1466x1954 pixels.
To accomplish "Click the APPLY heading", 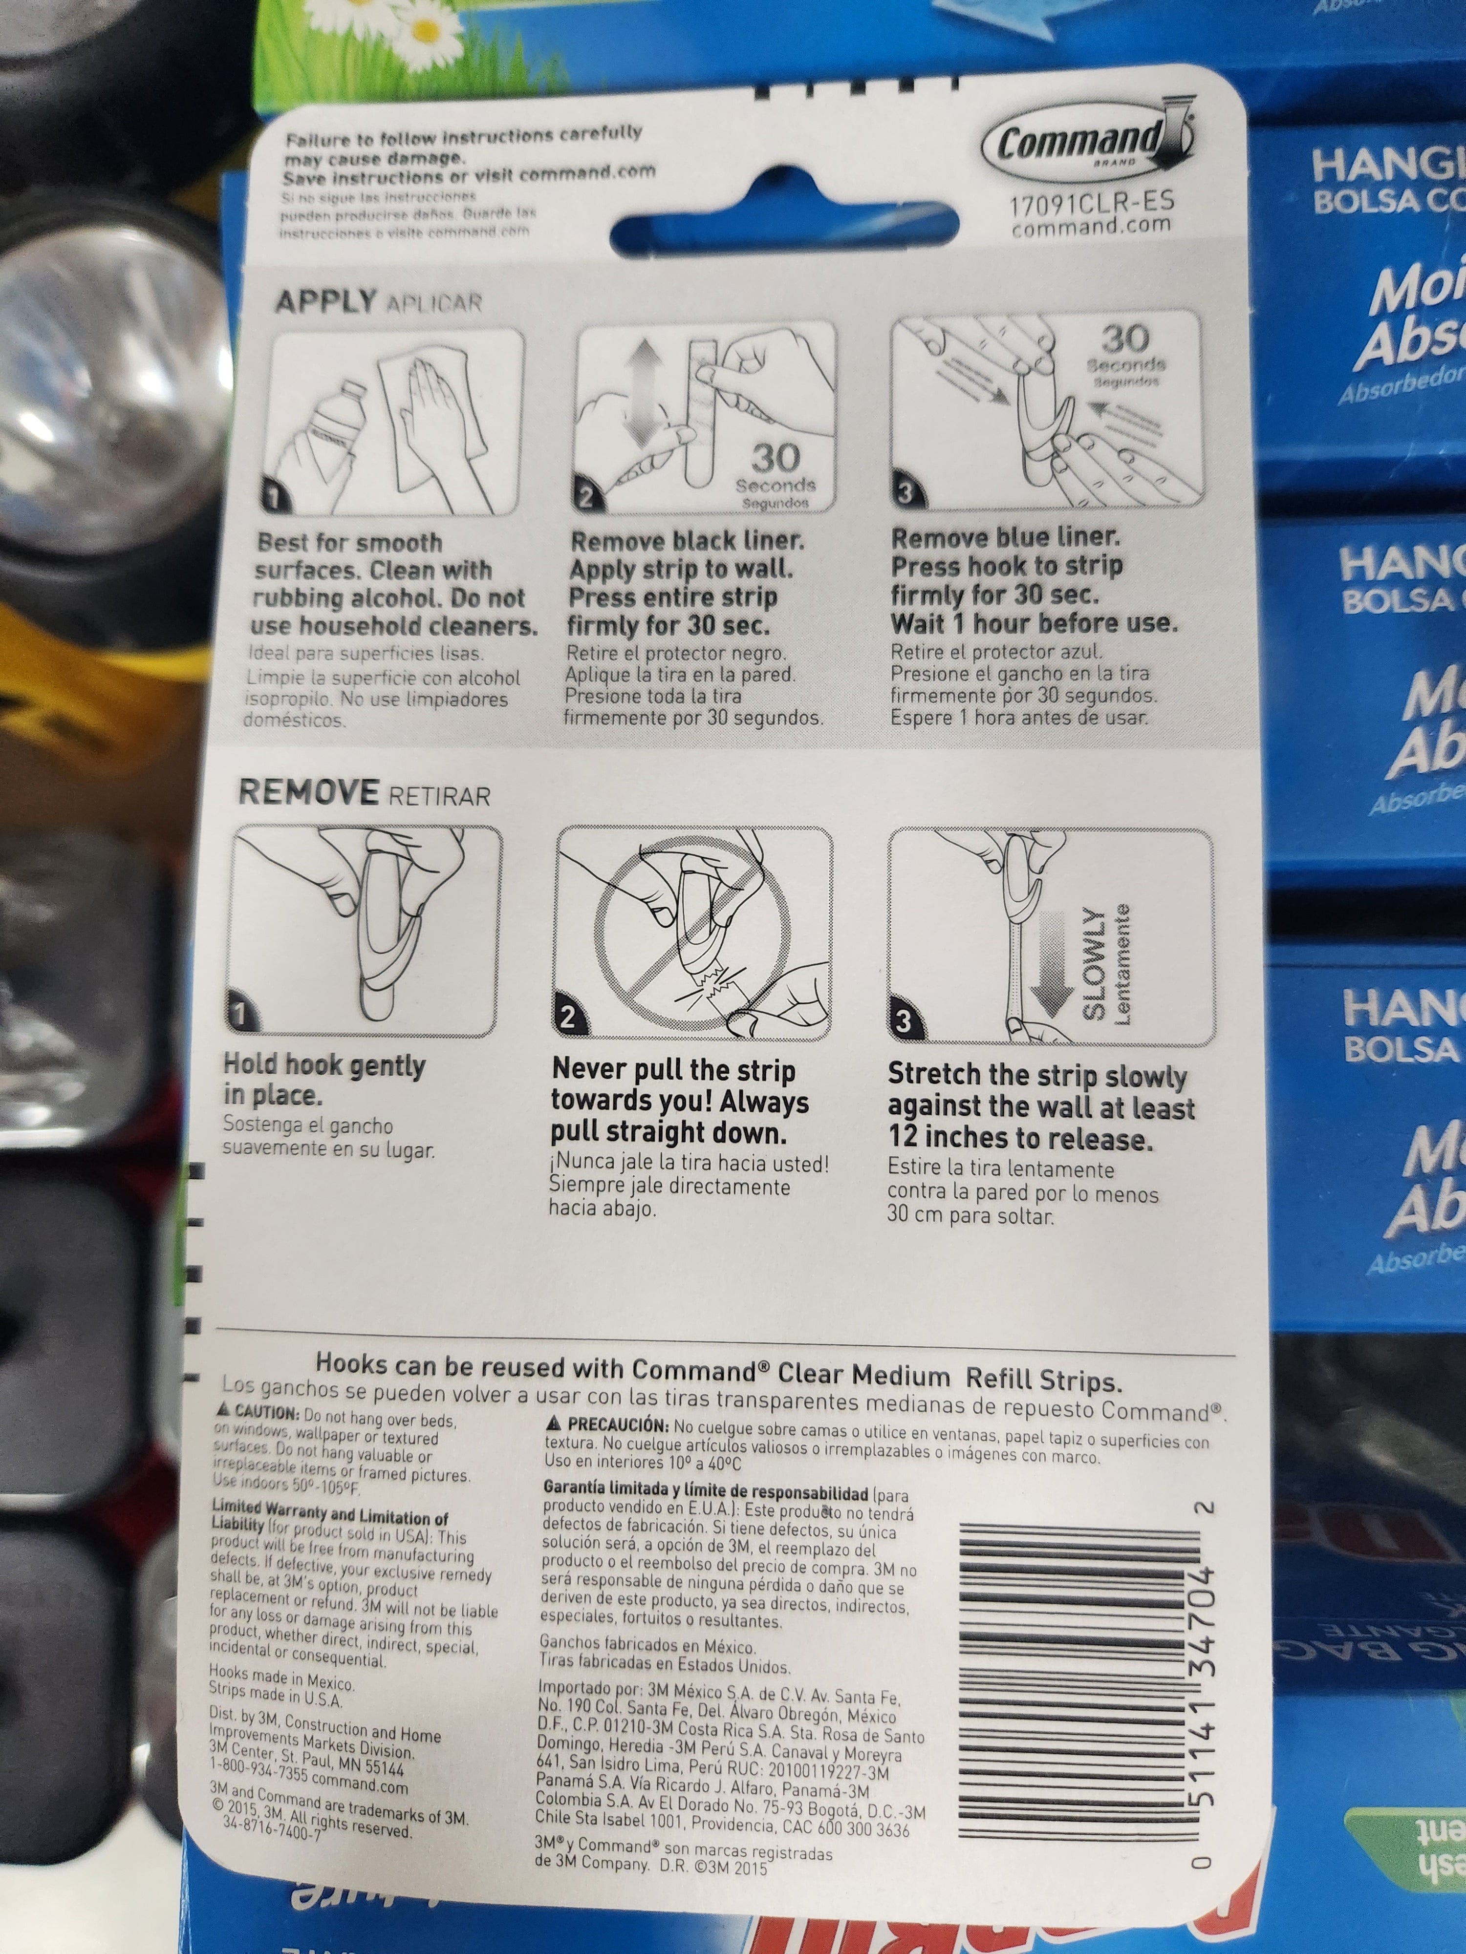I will [x=324, y=302].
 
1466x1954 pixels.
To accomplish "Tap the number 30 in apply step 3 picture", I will [x=1125, y=339].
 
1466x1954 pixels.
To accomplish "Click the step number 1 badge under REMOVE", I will [x=241, y=1013].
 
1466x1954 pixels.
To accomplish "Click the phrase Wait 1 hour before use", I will [x=1034, y=624].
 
